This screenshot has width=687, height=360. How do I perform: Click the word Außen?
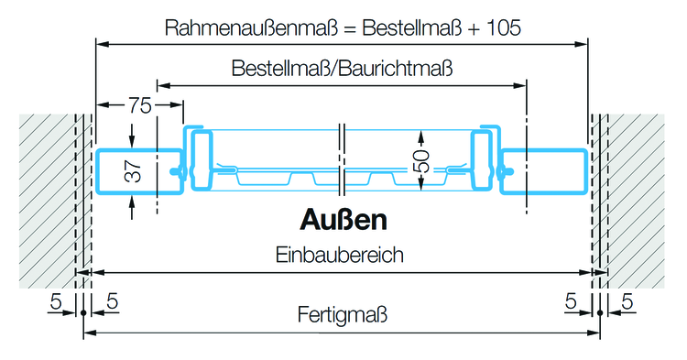343,221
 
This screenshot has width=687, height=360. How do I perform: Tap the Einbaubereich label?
340,255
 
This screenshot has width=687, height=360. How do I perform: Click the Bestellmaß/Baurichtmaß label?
343,69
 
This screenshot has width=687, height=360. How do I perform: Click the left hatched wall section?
46,197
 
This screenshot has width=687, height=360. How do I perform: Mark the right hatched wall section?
637,197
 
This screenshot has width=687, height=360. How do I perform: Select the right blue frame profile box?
545,172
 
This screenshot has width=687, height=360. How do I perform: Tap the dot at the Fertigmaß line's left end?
83,313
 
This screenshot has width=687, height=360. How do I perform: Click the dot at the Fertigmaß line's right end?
600,313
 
